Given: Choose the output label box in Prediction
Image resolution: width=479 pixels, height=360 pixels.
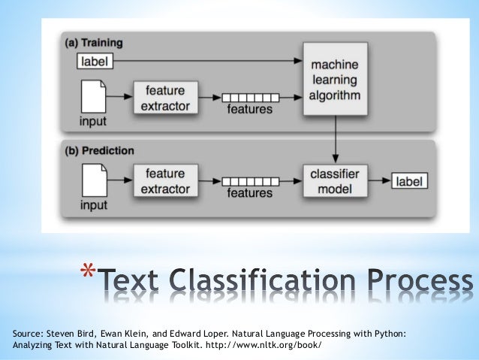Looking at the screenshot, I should tap(409, 180).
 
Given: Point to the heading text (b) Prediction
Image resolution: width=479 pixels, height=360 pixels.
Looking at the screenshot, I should tap(98, 150).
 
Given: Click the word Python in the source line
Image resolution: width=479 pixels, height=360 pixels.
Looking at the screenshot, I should tap(388, 331).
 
